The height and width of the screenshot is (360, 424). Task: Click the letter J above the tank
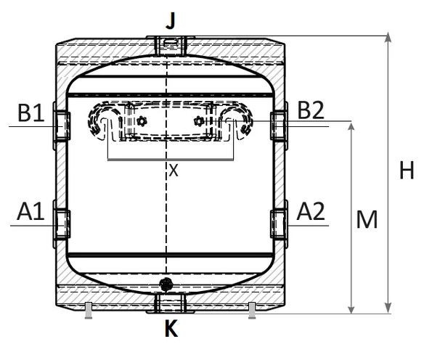click(171, 20)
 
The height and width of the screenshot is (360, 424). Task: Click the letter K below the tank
click(171, 328)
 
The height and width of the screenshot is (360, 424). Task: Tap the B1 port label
click(30, 112)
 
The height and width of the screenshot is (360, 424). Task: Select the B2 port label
click(311, 110)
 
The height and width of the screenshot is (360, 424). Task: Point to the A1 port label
click(30, 211)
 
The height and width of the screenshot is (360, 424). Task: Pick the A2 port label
click(311, 211)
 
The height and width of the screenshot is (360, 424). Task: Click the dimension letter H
click(407, 170)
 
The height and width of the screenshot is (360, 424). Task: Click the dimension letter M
click(367, 219)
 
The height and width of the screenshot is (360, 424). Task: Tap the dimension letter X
click(174, 171)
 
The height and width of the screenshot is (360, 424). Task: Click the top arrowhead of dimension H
click(388, 37)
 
